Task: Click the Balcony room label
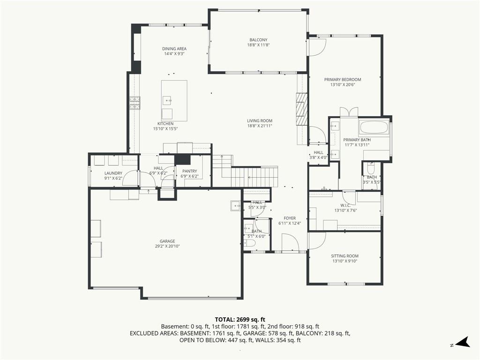(258, 40)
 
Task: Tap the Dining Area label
(174, 49)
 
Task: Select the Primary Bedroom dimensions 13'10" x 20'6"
(343, 85)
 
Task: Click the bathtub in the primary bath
(374, 127)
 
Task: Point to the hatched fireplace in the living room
(301, 109)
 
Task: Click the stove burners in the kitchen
(135, 103)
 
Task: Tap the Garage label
(167, 241)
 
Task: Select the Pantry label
(189, 171)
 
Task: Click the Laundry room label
(113, 173)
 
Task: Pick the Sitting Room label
(345, 256)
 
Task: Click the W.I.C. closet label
(345, 205)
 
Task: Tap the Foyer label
(290, 218)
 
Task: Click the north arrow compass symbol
(463, 342)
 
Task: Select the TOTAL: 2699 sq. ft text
(240, 320)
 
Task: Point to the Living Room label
(260, 121)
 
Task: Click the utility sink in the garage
(236, 206)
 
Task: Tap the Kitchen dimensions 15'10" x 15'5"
(165, 129)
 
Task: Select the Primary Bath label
(357, 140)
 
